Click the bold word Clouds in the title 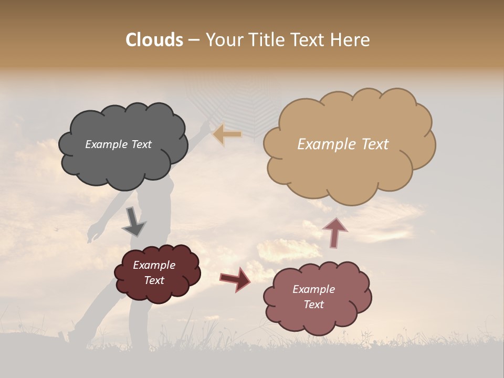pyautogui.click(x=154, y=40)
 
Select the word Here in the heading pyautogui.click(x=351, y=40)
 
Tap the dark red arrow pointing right pyautogui.click(x=235, y=279)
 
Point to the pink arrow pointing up pyautogui.click(x=335, y=232)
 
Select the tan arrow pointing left pyautogui.click(x=227, y=134)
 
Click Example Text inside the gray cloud pyautogui.click(x=118, y=144)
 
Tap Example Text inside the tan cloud pyautogui.click(x=343, y=144)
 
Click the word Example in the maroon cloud pyautogui.click(x=154, y=265)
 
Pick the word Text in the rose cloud pyautogui.click(x=313, y=304)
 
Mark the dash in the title pyautogui.click(x=194, y=40)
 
